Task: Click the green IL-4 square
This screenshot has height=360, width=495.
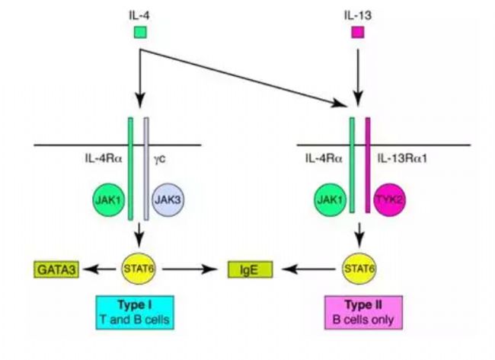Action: tap(140, 32)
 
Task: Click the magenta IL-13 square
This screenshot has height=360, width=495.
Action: tap(358, 32)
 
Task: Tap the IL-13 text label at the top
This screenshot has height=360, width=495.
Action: tap(358, 15)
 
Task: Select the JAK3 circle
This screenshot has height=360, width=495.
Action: tap(168, 200)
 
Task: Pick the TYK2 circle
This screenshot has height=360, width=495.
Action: tap(390, 200)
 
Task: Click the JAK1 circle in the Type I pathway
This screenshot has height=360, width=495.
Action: tap(108, 200)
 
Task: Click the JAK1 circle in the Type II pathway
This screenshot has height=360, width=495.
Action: tap(331, 200)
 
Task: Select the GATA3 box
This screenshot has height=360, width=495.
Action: tap(56, 269)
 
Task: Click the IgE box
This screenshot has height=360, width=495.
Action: tap(250, 269)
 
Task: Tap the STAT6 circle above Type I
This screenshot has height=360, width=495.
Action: tap(139, 269)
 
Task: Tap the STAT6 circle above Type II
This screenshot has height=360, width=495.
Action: tap(359, 269)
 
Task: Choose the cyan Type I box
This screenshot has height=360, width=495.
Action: tap(135, 312)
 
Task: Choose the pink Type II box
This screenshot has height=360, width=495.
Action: tap(364, 312)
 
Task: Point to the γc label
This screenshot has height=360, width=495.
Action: tap(160, 159)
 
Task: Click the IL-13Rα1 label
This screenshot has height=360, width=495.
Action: tap(402, 158)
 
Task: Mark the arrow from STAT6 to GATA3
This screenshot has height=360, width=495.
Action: tap(99, 269)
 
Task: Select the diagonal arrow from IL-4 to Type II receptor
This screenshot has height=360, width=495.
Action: tap(244, 78)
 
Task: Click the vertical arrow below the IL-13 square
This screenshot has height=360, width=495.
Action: tap(358, 78)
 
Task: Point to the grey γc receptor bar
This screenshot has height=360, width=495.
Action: tap(146, 169)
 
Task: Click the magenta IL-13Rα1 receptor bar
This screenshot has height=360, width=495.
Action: tap(368, 165)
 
